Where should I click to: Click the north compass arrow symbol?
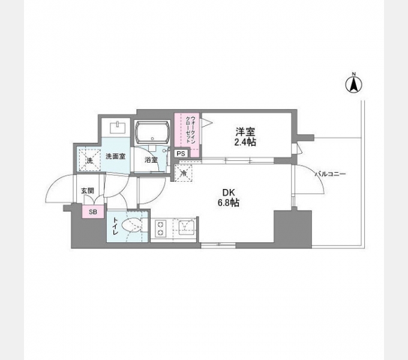[x=354, y=85]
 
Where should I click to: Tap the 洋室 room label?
[x=245, y=131]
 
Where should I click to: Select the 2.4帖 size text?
[x=245, y=142]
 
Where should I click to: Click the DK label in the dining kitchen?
[x=229, y=193]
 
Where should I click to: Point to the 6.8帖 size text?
[x=229, y=202]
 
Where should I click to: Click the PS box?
[x=181, y=154]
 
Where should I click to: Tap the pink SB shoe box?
[x=93, y=212]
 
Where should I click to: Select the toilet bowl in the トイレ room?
[x=133, y=225]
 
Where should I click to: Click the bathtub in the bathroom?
[x=152, y=133]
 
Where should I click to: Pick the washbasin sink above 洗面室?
[x=118, y=127]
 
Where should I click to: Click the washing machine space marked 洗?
[x=89, y=160]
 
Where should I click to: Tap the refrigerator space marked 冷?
[x=184, y=173]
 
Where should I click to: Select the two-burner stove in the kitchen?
[x=161, y=229]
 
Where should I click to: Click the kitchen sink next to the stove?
[x=186, y=227]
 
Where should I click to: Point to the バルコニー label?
[x=330, y=174]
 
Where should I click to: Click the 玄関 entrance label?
[x=88, y=191]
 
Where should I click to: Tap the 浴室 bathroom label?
[x=151, y=160]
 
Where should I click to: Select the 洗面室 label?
[x=116, y=157]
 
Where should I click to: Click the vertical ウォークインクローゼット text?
[x=191, y=129]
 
